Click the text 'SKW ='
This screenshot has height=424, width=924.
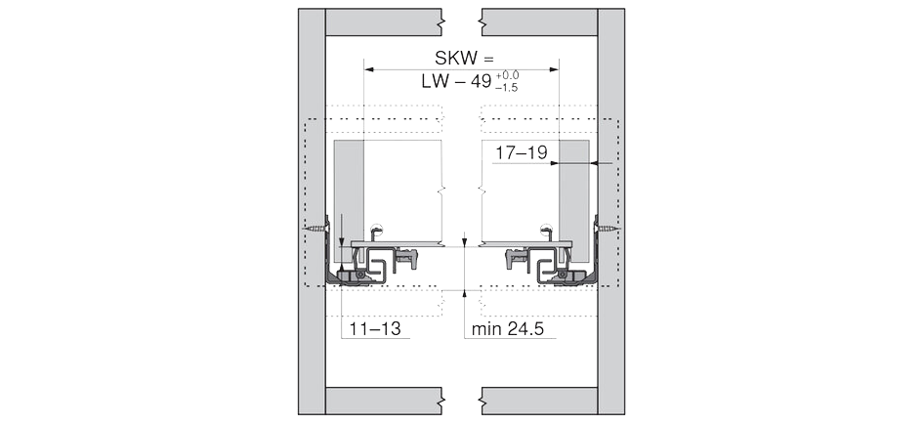(x=464, y=59)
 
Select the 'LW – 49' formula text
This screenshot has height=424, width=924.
(x=456, y=81)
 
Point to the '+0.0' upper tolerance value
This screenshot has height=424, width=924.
(x=507, y=75)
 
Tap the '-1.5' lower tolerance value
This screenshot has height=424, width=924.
(x=507, y=87)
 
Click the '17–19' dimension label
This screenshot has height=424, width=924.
(x=521, y=153)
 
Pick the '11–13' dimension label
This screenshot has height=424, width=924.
(x=375, y=329)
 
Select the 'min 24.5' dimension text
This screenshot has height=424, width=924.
(x=507, y=329)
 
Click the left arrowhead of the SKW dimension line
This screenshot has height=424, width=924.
(x=369, y=69)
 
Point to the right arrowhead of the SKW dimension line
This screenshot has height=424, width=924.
(x=554, y=69)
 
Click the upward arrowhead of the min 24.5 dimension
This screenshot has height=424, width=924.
(x=464, y=294)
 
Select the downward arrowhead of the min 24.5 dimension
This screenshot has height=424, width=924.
(x=464, y=241)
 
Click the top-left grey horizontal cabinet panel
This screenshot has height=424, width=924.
(x=384, y=22)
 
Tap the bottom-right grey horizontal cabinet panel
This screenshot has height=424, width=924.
(x=539, y=401)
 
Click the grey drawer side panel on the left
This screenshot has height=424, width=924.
(x=349, y=200)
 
